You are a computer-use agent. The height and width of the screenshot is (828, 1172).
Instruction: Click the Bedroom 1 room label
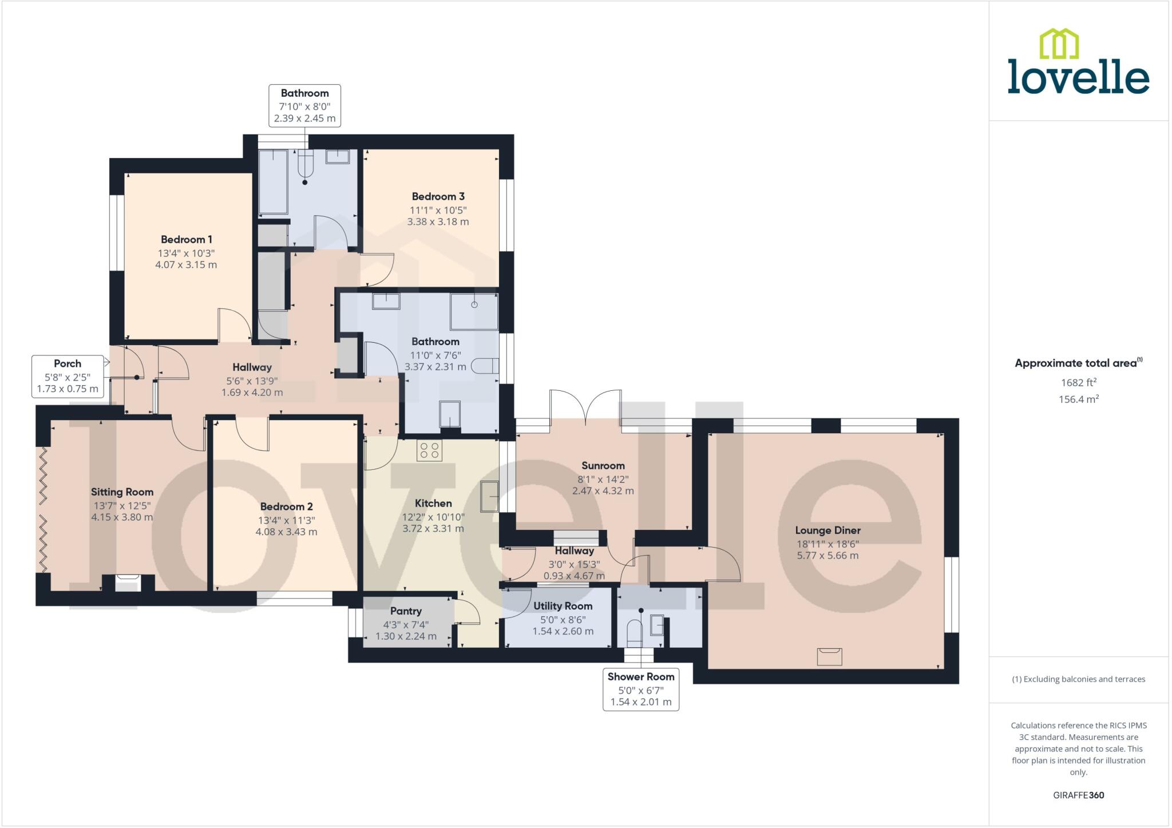(x=186, y=239)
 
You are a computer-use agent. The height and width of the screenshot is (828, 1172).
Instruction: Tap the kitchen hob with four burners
(x=429, y=451)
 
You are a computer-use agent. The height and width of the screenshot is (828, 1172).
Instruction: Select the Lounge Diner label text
(x=827, y=530)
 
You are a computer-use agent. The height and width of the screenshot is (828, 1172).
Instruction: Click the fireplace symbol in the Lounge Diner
(x=829, y=656)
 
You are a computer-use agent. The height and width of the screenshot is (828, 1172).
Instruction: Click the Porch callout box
(x=68, y=376)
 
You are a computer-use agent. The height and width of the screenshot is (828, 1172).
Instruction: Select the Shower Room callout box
(x=640, y=689)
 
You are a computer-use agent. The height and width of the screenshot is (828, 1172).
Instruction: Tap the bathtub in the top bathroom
(x=273, y=181)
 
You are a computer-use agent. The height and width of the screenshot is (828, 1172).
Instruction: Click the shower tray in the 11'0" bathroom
(x=474, y=312)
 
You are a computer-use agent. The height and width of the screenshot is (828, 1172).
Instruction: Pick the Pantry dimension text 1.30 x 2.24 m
(x=406, y=636)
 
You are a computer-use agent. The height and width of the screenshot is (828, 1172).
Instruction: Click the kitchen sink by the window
(x=489, y=496)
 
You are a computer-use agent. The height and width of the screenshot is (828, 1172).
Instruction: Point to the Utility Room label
(x=563, y=606)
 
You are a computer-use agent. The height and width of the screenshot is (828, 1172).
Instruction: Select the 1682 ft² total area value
(x=1078, y=383)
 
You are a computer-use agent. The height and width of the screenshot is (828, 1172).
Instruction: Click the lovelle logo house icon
(x=1059, y=44)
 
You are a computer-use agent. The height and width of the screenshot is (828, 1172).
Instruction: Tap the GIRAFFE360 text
(x=1078, y=795)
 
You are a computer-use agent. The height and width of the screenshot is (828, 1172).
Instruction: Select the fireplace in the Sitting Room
(x=128, y=584)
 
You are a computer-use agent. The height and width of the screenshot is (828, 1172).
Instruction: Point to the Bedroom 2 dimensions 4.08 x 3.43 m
(x=286, y=532)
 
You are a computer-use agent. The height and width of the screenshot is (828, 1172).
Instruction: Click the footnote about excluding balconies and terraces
(x=1078, y=679)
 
